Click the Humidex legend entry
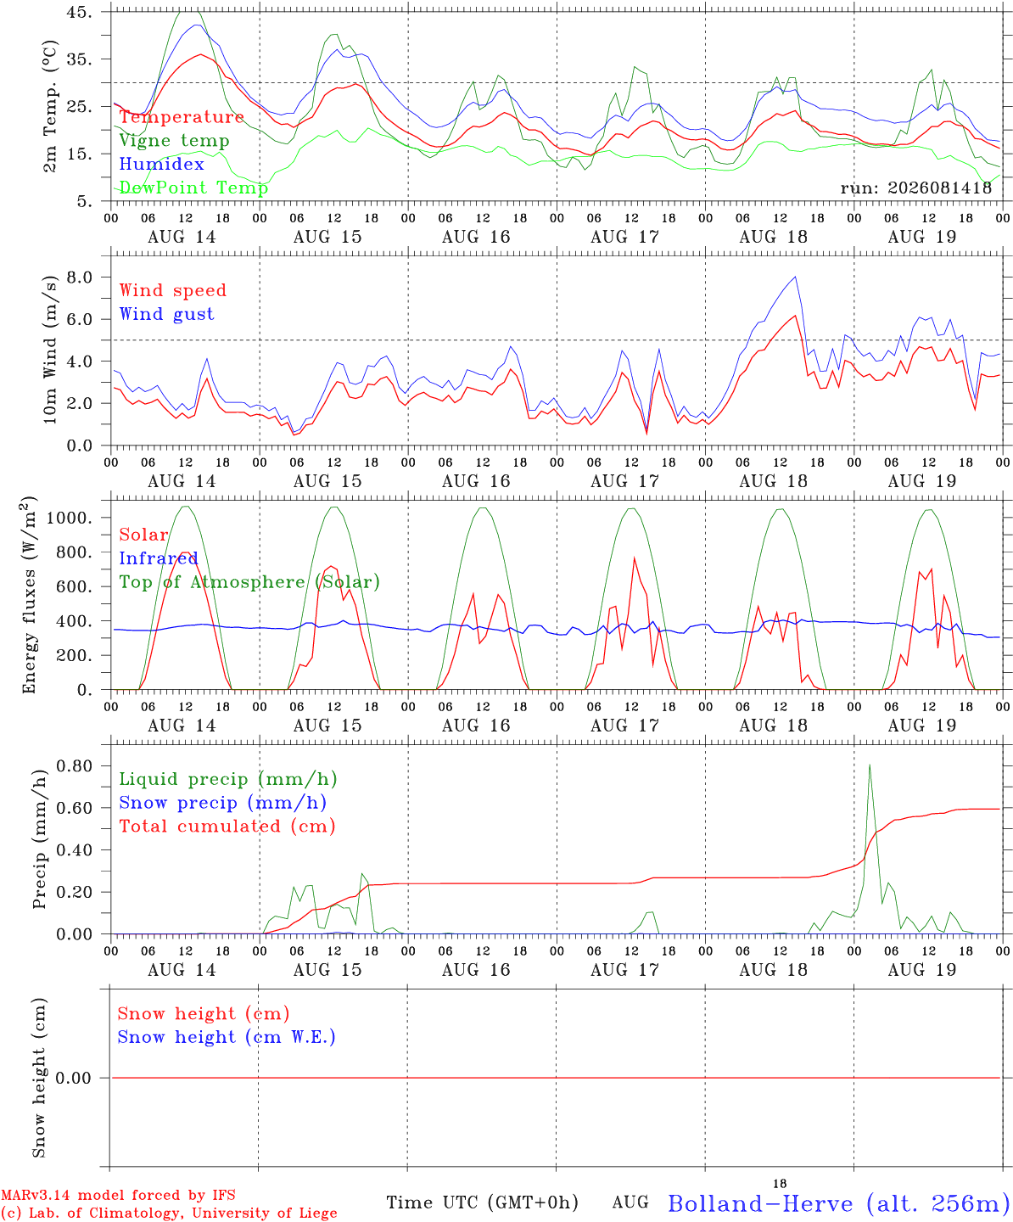coord(161,164)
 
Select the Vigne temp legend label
coord(175,141)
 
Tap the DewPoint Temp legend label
coord(193,188)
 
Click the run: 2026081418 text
coord(915,188)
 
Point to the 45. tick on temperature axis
coord(79,12)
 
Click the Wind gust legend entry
coord(167,314)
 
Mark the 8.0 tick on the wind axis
coord(79,277)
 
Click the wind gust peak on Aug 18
coord(795,277)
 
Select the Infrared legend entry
coord(159,558)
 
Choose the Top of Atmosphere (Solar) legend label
coord(250,582)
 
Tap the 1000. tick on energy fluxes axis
coord(70,518)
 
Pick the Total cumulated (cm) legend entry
coord(227,827)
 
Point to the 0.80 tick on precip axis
coord(75,765)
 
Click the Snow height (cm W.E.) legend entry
coord(227,1037)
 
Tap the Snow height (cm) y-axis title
coord(39,1078)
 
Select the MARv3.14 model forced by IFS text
coord(118,1195)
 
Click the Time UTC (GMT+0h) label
coord(482,1202)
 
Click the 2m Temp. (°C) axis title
coord(50,107)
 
